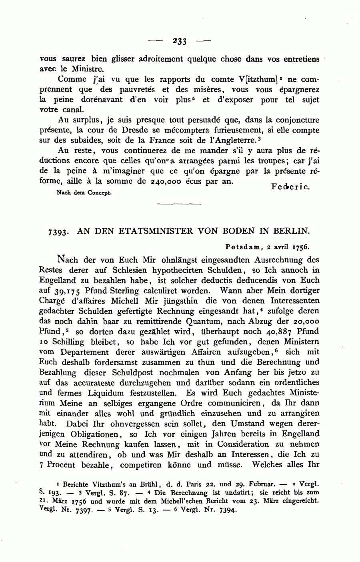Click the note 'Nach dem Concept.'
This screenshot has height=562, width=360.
(78, 193)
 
